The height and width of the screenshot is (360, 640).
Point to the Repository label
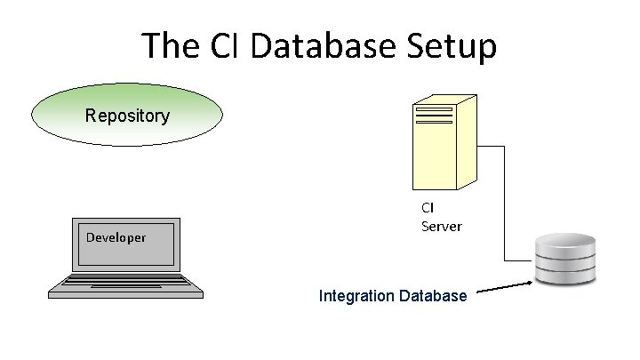127,116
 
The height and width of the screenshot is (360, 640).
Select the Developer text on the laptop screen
116,237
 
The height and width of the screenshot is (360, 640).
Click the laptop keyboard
127,284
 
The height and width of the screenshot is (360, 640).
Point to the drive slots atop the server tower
435,116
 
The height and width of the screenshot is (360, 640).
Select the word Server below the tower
442,226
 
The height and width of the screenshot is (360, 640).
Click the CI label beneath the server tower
428,207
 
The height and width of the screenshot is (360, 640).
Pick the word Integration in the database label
357,295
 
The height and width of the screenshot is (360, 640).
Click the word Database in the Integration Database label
433,295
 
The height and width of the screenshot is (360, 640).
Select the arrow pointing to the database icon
505,287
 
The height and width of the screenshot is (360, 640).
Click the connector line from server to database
505,204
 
